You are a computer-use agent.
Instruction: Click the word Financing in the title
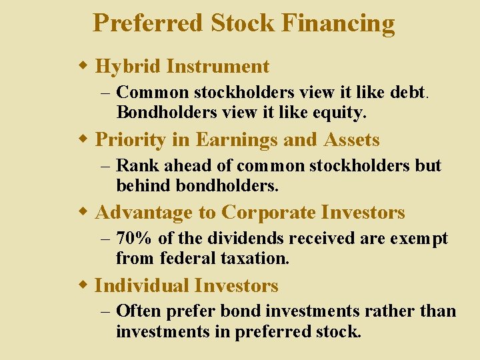[x=338, y=23]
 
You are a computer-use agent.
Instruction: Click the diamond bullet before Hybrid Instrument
[x=83, y=66]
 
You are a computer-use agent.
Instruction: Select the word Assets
[x=351, y=140]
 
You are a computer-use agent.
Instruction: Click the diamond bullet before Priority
[x=83, y=139]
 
